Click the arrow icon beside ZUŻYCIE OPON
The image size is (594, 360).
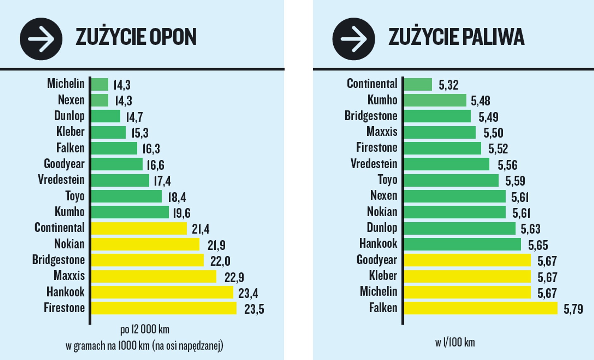tap(41, 39)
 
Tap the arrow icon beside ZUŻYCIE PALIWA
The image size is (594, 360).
tap(354, 39)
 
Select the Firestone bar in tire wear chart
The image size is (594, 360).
tap(164, 308)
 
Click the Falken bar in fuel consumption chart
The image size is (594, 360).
tap(481, 308)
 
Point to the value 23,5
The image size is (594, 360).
tap(254, 309)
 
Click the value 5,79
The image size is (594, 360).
tap(573, 309)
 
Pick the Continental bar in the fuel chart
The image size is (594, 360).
tap(418, 84)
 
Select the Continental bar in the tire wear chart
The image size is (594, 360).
tap(139, 228)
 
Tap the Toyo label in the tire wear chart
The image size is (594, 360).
tap(75, 196)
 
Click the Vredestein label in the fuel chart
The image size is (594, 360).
tap(374, 164)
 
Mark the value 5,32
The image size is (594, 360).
tap(448, 85)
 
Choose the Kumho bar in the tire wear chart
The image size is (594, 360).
tap(130, 212)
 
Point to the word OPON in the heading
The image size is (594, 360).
tap(173, 37)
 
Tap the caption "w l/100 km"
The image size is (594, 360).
tap(455, 343)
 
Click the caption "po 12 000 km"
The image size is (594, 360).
tap(145, 329)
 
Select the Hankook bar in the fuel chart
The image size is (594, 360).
tap(462, 244)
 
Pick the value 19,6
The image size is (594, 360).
tap(182, 213)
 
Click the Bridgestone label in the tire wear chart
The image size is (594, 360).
tap(58, 260)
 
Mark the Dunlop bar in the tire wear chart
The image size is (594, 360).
tap(106, 116)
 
